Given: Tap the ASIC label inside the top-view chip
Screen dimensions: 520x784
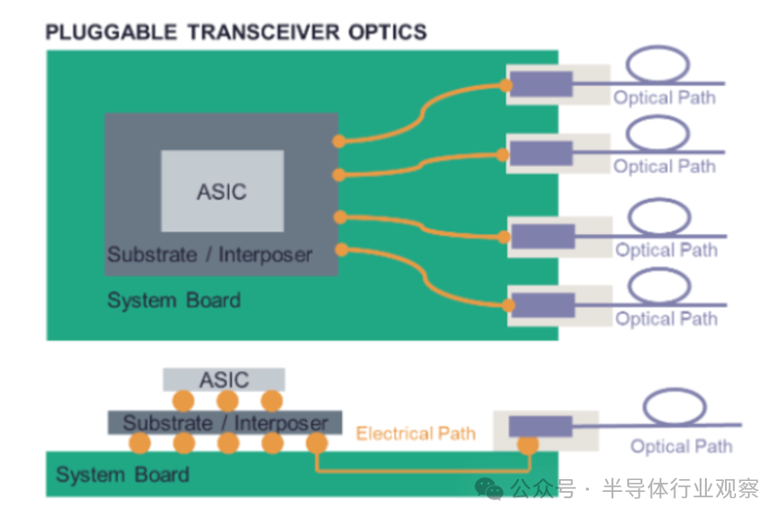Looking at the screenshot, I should (221, 191).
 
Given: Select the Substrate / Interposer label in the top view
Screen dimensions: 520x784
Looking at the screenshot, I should (209, 255).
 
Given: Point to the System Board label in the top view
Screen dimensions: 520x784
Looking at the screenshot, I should (173, 299).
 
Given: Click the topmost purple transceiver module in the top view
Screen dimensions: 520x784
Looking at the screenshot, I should (541, 83).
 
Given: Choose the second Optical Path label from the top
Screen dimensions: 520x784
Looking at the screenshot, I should (664, 166).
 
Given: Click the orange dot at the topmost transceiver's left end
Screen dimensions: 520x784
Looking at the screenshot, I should (505, 86).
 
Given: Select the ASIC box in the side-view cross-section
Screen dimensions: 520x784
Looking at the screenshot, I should (223, 378).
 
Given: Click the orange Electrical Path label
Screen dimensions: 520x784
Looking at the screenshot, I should (415, 434).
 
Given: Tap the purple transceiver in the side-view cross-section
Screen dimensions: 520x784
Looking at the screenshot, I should (540, 427).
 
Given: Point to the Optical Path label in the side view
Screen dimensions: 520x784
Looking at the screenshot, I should (681, 446).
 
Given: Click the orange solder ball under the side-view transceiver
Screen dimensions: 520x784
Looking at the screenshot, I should (526, 445).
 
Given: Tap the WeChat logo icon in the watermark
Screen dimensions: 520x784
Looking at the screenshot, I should (490, 489).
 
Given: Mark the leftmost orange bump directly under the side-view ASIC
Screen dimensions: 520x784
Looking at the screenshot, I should (184, 400).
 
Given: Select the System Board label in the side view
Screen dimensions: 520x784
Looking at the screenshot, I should (122, 475).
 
